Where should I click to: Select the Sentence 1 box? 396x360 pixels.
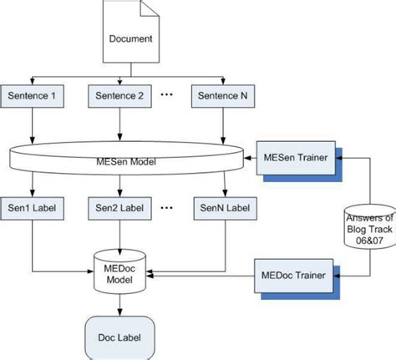32,96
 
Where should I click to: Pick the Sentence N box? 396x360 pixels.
223,96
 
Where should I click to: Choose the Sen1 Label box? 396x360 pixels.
32,205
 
